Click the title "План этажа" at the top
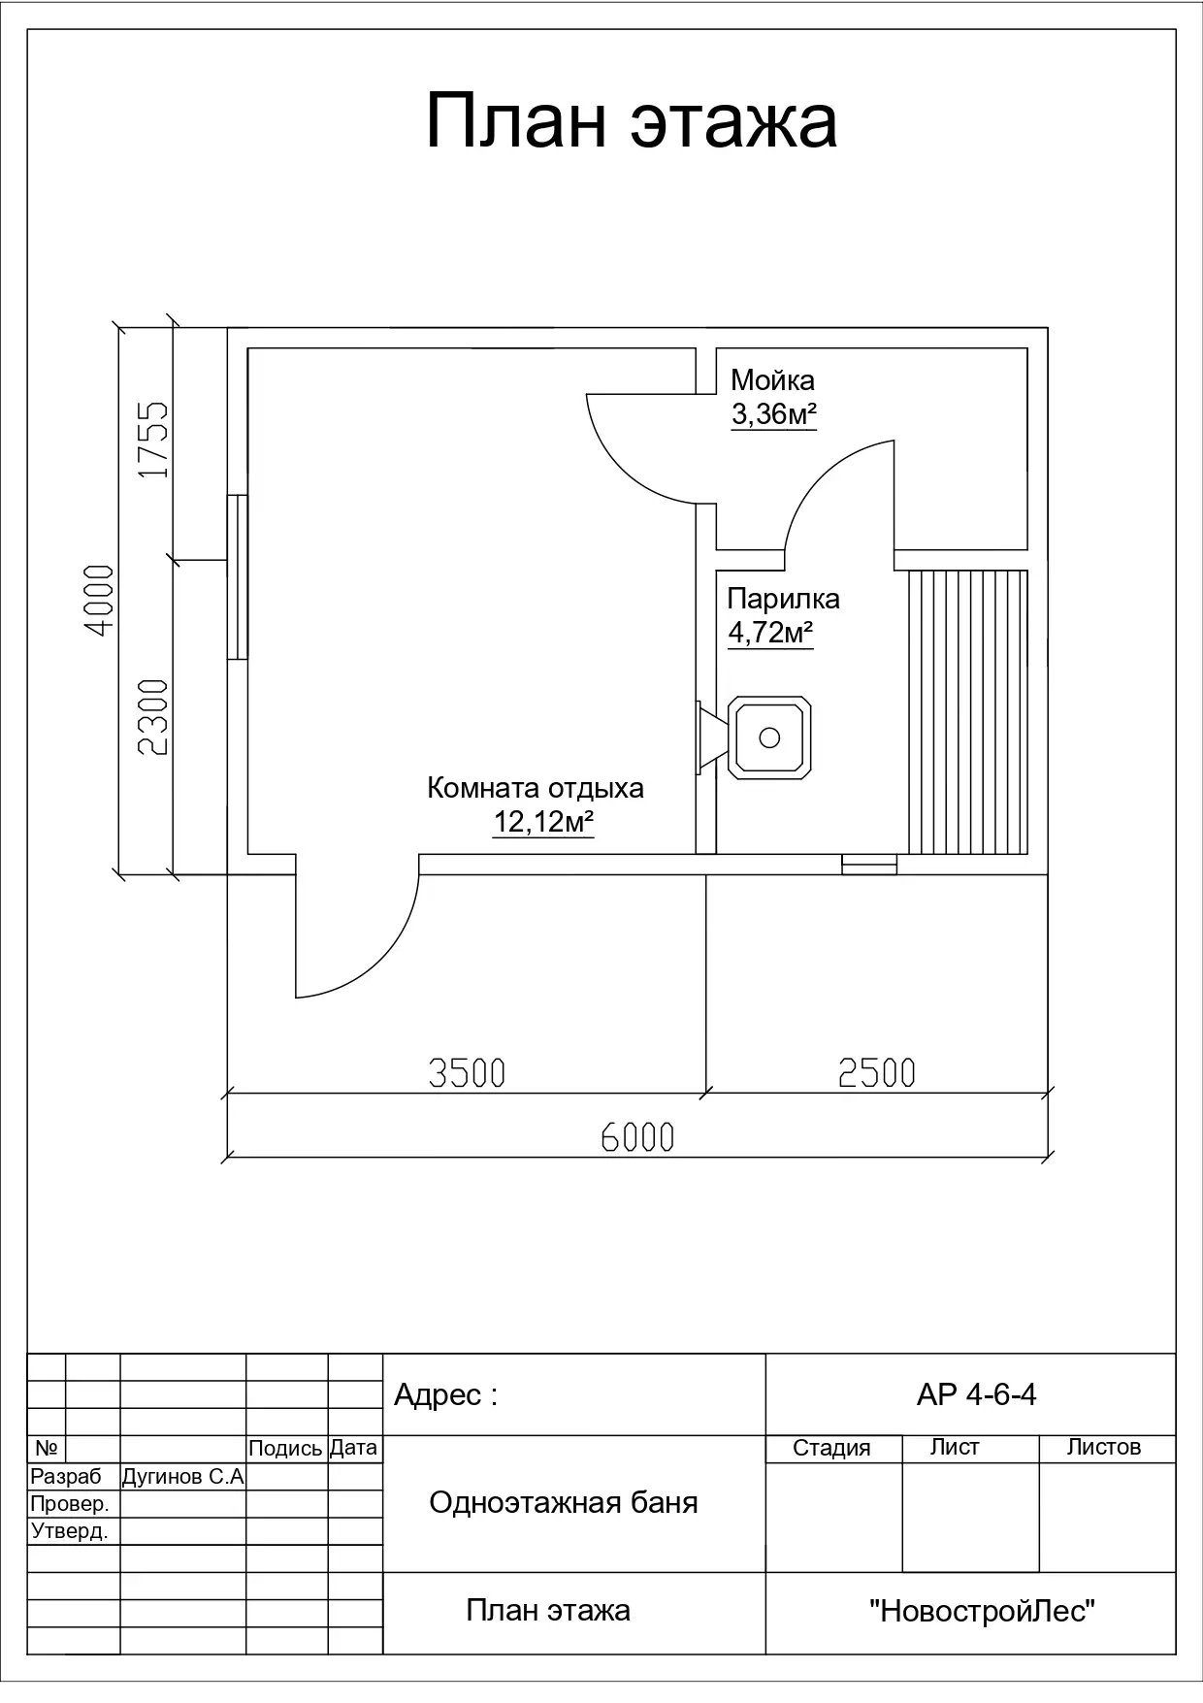(x=632, y=121)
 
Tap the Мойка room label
(x=772, y=379)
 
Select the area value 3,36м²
(x=773, y=415)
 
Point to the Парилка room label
(x=783, y=599)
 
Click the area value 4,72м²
(x=770, y=634)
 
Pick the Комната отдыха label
(x=536, y=787)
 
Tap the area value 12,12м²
(x=543, y=823)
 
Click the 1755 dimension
(x=153, y=440)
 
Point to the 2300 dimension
(x=153, y=717)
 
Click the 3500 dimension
(x=467, y=1073)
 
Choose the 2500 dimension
(x=877, y=1072)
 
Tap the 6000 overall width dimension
(x=637, y=1136)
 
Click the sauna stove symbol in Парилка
(x=755, y=737)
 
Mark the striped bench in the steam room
(x=968, y=712)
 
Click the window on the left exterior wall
(x=238, y=577)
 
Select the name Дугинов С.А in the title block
(x=182, y=1477)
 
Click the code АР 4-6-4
(x=976, y=1394)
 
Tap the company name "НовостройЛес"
(x=983, y=1612)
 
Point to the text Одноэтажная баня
(x=564, y=1503)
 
